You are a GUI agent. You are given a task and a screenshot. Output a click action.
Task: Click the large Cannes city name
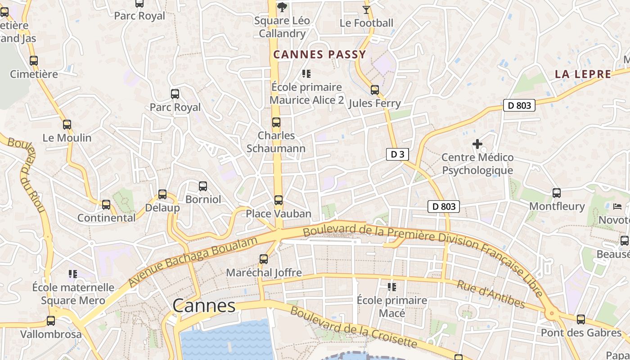point(204,306)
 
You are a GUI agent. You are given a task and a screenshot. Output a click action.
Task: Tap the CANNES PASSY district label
point(319,55)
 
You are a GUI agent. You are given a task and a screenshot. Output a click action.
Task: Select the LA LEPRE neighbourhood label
point(583,74)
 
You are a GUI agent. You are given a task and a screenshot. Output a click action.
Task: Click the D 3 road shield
point(397,154)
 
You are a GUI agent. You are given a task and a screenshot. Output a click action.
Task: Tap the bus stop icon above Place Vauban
point(279,200)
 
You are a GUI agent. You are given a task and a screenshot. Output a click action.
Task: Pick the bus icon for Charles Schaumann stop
point(276,122)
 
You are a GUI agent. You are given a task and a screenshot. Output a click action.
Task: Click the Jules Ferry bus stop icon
point(375,90)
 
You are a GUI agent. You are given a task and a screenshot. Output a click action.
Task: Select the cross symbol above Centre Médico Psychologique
point(477,144)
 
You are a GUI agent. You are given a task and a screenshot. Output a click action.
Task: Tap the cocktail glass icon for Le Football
point(366,9)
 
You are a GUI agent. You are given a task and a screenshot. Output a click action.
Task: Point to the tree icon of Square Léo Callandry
point(282,7)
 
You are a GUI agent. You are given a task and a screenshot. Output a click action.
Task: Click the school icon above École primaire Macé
point(392,287)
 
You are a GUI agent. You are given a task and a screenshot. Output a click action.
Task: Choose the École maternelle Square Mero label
point(73,294)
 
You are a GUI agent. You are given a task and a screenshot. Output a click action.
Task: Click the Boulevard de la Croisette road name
point(353,327)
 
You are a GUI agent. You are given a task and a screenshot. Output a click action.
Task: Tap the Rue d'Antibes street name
point(490,295)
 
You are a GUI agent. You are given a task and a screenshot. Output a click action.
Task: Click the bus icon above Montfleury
point(557,193)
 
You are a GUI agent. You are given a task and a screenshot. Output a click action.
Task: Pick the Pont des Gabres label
point(581,333)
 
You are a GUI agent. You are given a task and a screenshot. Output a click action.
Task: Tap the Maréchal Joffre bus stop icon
point(264,259)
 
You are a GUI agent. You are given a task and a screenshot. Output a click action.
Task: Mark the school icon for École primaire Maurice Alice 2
point(306,74)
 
